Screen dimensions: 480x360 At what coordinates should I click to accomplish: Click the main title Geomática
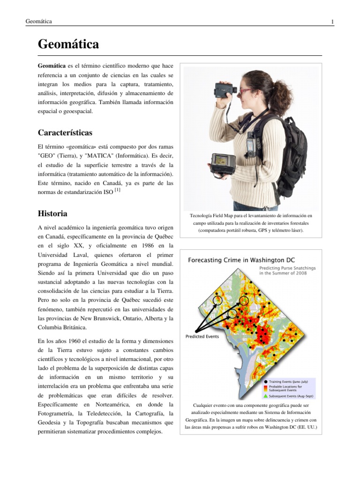point(68,45)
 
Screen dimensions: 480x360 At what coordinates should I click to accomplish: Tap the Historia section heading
point(52,213)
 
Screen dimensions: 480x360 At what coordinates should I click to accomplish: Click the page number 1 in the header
point(332,22)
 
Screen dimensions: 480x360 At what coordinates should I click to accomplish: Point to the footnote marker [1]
point(118,191)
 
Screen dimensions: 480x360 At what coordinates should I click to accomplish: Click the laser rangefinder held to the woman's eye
point(225,89)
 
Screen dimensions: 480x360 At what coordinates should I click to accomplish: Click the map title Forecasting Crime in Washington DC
point(241,260)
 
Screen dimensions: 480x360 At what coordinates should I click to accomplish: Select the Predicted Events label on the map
point(202,336)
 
